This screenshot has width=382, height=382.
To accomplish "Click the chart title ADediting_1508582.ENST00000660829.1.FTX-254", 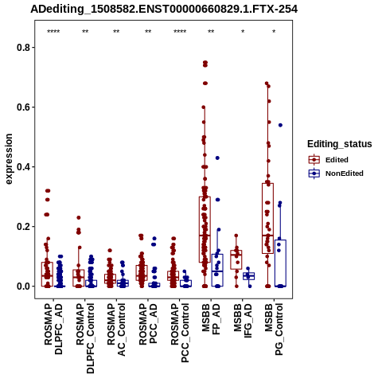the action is pyautogui.click(x=164, y=9).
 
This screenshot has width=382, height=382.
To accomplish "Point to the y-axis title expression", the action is pyautogui.click(x=9, y=159).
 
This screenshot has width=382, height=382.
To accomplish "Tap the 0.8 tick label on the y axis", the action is pyautogui.click(x=22, y=48).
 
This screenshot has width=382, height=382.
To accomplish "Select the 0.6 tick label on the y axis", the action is pyautogui.click(x=22, y=107).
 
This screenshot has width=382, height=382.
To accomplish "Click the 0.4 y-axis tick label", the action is pyautogui.click(x=22, y=167).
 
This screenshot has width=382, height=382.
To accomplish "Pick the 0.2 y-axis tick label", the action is pyautogui.click(x=22, y=227).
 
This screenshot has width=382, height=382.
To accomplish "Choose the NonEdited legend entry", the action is pyautogui.click(x=336, y=173).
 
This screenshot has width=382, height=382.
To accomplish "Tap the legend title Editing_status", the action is pyautogui.click(x=340, y=144).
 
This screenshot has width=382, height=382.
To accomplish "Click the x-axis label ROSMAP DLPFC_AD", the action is pyautogui.click(x=53, y=329).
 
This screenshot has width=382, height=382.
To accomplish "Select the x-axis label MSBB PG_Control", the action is pyautogui.click(x=274, y=329).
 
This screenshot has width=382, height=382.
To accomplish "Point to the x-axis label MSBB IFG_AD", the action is pyautogui.click(x=243, y=321).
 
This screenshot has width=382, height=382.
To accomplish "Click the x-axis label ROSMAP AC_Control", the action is pyautogui.click(x=116, y=329).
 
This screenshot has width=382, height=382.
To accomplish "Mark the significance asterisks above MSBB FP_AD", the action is pyautogui.click(x=211, y=32).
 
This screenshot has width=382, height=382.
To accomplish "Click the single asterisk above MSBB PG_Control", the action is pyautogui.click(x=274, y=32).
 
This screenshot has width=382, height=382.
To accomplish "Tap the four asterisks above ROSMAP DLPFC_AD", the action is pyautogui.click(x=53, y=32).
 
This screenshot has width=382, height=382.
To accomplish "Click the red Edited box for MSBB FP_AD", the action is pyautogui.click(x=205, y=230).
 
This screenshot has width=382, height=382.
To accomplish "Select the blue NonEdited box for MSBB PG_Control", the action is pyautogui.click(x=280, y=263).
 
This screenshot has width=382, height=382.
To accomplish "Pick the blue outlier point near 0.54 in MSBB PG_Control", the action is pyautogui.click(x=280, y=125).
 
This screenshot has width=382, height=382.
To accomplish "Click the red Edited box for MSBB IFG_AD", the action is pyautogui.click(x=236, y=259).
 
